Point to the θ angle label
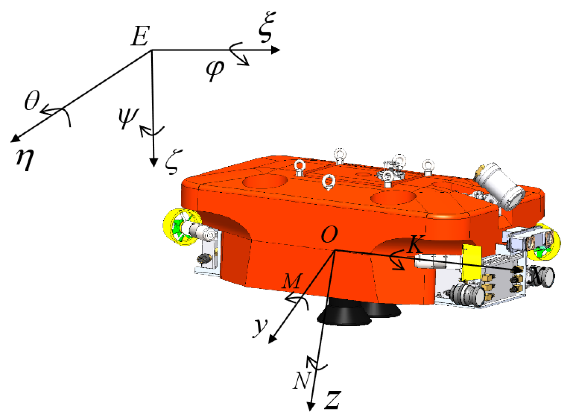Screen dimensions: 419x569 click(x=32, y=100)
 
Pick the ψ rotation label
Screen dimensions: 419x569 click(x=128, y=117)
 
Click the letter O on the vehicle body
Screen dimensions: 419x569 click(x=329, y=235)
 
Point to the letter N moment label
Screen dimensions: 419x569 click(x=301, y=380)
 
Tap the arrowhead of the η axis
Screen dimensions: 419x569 click(x=15, y=138)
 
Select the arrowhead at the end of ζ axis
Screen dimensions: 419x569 click(x=154, y=163)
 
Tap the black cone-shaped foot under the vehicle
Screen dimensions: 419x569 click(x=344, y=315)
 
